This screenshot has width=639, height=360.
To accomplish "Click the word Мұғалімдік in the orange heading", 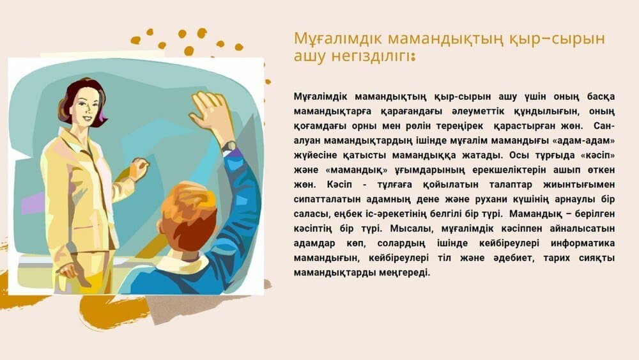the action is click(338, 39).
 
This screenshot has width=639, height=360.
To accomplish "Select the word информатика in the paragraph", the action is click(583, 244).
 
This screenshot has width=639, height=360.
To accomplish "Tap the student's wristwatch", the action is click(229, 146).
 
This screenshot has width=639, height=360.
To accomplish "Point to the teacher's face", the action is click(86, 108).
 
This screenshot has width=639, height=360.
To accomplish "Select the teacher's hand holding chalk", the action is click(139, 168).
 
